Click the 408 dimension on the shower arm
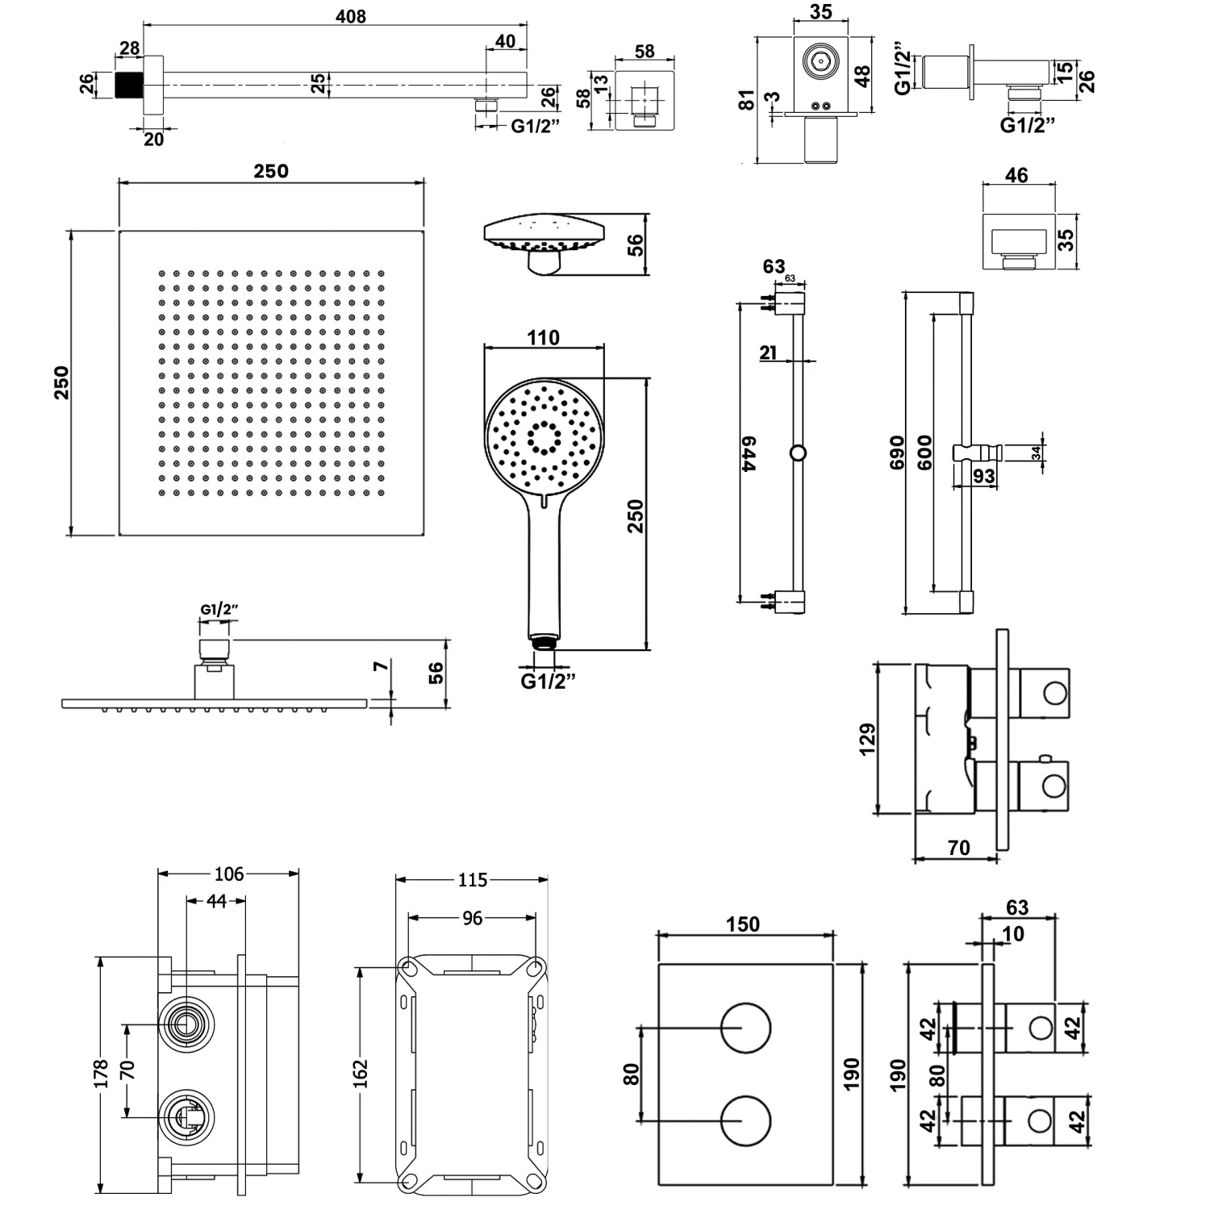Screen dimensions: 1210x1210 351,16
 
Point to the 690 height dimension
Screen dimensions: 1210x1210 897,453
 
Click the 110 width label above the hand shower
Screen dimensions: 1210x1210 543,338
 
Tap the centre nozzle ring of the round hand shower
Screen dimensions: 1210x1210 544,437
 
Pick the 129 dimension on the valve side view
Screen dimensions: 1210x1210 867,739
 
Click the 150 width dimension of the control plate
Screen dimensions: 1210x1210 742,924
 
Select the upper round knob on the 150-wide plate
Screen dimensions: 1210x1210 745,1028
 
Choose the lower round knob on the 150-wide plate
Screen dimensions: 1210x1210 745,1121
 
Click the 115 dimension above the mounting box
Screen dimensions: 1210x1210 473,880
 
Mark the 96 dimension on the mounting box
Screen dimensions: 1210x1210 473,918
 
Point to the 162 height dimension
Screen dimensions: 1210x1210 361,1074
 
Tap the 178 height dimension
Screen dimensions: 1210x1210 101,1074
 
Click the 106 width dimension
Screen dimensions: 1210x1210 229,874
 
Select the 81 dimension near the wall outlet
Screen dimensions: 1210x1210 747,100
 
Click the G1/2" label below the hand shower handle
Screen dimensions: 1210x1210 548,682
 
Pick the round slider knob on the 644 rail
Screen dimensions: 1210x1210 798,453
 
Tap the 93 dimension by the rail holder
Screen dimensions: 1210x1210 983,477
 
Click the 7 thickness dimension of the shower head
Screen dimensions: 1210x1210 382,666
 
